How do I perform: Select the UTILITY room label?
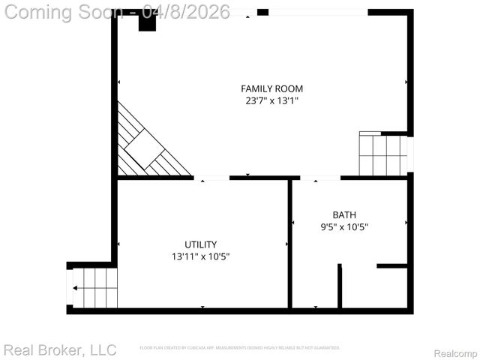pos(200,244)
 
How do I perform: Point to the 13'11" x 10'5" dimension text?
pos(200,256)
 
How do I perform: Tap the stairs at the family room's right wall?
pos(382,154)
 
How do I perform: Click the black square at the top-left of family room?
pos(147,22)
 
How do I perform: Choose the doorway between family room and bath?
pos(320,178)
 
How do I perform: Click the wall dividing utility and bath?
pos(289,244)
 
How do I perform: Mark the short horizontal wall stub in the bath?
pos(391,265)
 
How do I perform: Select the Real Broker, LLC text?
pos(60,349)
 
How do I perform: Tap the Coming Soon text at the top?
pos(64,13)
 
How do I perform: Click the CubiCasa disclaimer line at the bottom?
pos(240,348)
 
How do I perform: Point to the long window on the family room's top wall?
pos(318,12)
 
